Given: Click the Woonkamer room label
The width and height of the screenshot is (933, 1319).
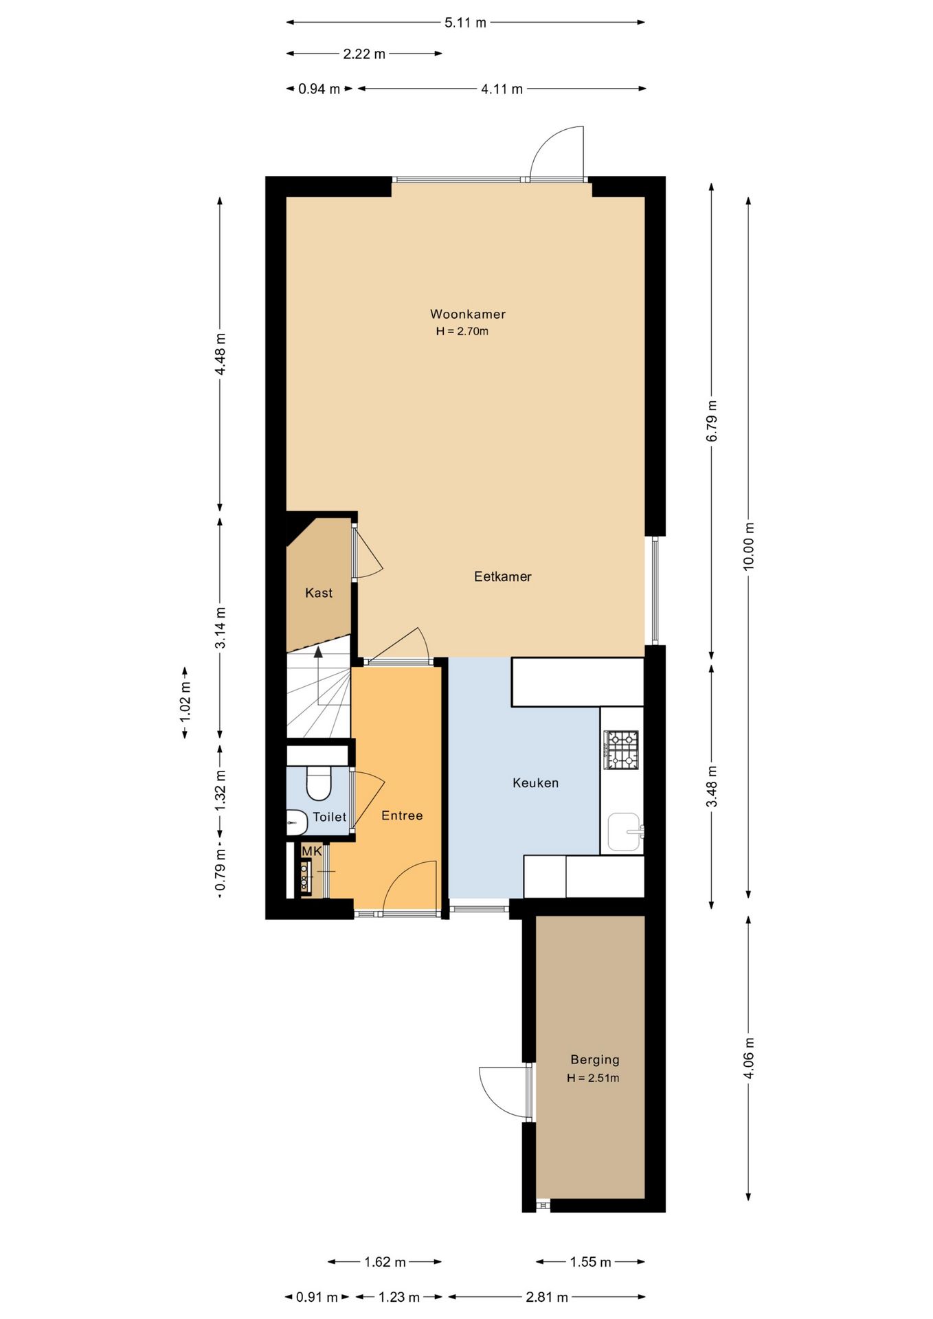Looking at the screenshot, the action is pos(467,314).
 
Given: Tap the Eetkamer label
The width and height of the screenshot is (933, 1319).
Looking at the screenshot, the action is pos(502,576).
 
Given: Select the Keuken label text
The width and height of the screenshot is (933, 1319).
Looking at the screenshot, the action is pos(535,782).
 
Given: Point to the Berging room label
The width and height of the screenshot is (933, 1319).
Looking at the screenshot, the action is pos(594,1060).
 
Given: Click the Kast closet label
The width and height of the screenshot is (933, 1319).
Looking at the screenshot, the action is pos(319,593).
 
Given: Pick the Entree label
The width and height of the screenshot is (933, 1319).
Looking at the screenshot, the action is pos(402,815).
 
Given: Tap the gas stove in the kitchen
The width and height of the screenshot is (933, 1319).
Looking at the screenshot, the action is pos(621,749).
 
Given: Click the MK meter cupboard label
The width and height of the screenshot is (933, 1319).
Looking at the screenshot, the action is pos(311,851).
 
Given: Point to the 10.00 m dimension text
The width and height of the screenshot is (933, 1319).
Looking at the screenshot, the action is pos(748,546).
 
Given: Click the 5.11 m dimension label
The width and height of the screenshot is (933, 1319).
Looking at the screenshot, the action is pos(465,23).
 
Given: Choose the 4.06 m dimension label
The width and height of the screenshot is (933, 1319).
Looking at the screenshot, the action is pos(748,1058).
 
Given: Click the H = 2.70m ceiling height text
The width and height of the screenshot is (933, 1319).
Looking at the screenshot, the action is pos(462,331).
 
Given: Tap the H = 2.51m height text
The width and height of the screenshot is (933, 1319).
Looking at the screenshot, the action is pos(593,1078).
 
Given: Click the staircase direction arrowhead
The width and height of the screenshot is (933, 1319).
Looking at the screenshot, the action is pos(318,652).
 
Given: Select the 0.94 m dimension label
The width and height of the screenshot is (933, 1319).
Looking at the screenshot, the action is pos(319,89).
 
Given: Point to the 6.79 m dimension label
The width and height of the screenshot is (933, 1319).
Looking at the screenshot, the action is pos(711,421).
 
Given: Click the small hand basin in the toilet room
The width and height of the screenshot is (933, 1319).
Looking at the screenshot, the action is pos(296,822).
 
